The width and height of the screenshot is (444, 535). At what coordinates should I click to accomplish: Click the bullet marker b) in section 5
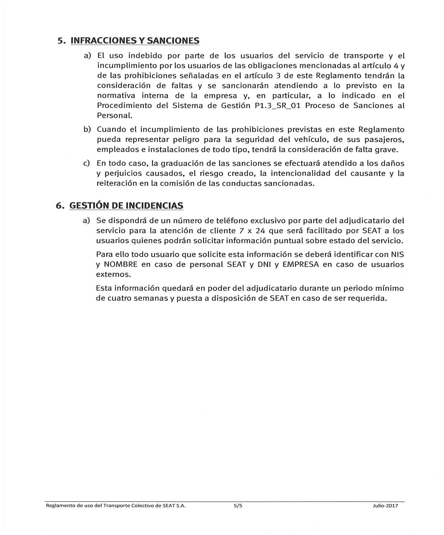coord(87,129)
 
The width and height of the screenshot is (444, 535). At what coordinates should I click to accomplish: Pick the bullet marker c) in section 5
coord(86,163)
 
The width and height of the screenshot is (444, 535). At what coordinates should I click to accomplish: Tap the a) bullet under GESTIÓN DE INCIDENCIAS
coord(86,221)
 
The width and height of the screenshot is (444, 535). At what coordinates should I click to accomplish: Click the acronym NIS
coord(397,255)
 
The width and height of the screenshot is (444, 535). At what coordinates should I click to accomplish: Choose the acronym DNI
coord(264,265)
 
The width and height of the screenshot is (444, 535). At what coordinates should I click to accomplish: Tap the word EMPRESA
coord(301,265)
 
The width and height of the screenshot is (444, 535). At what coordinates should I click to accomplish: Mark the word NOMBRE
coord(120,265)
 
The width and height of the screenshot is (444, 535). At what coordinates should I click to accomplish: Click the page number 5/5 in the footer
coord(238,505)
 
